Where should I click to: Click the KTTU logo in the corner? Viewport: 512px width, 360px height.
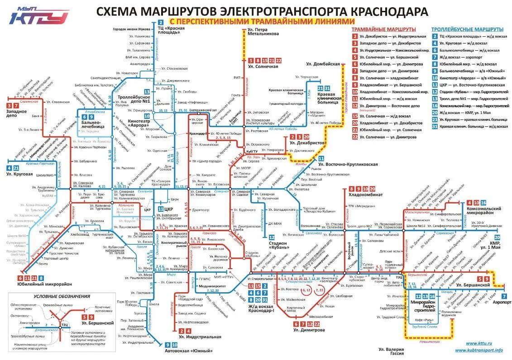tap(39, 16)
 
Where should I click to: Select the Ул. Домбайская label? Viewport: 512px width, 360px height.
tap(323, 64)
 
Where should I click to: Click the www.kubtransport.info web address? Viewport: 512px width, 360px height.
tap(479, 350)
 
